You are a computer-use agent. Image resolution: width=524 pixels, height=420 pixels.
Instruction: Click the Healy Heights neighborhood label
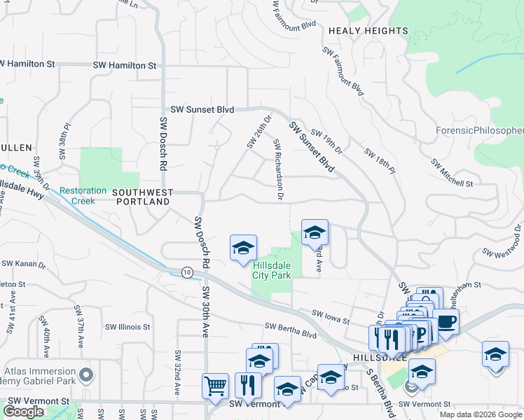368,31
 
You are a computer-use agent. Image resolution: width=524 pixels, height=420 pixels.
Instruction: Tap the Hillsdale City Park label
271,270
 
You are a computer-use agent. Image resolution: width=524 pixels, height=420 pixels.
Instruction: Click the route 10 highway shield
186,272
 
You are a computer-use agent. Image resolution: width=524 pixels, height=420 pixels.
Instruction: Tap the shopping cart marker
214,384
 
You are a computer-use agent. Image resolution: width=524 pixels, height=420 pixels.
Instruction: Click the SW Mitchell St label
453,173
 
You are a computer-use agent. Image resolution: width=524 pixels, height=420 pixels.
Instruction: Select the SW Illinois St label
127,327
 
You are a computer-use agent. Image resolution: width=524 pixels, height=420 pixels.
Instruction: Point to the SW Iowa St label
331,316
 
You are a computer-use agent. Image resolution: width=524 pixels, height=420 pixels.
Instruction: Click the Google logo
24,412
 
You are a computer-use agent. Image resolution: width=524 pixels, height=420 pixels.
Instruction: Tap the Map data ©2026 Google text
480,414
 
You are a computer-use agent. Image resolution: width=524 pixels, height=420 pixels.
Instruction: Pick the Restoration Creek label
83,195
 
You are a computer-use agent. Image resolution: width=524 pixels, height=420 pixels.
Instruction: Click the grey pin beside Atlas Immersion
86,377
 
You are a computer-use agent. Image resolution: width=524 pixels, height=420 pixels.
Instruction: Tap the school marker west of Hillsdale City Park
243,248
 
